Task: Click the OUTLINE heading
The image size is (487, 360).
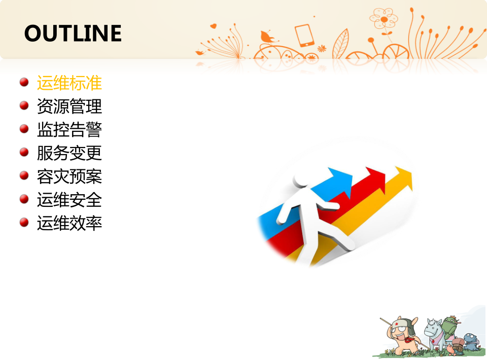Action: point(73,33)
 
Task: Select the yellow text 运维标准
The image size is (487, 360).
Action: point(69,83)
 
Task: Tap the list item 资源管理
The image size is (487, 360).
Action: point(69,106)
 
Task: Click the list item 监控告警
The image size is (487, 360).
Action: point(69,129)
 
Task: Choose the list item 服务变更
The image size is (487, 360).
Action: point(69,153)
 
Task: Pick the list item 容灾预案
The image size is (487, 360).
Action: point(69,176)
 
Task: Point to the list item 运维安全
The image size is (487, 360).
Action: point(69,200)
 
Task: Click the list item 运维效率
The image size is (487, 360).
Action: point(69,223)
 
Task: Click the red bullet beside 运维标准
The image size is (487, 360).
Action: point(24,82)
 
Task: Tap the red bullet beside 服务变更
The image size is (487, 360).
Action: point(24,152)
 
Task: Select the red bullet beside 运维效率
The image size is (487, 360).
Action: point(24,222)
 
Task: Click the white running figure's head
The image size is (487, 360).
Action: point(301,179)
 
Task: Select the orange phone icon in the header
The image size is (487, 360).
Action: point(304,35)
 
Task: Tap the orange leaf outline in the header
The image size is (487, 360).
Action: point(341,44)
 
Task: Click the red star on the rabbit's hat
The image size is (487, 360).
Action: point(397,324)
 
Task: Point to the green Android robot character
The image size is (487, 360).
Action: point(449,328)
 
